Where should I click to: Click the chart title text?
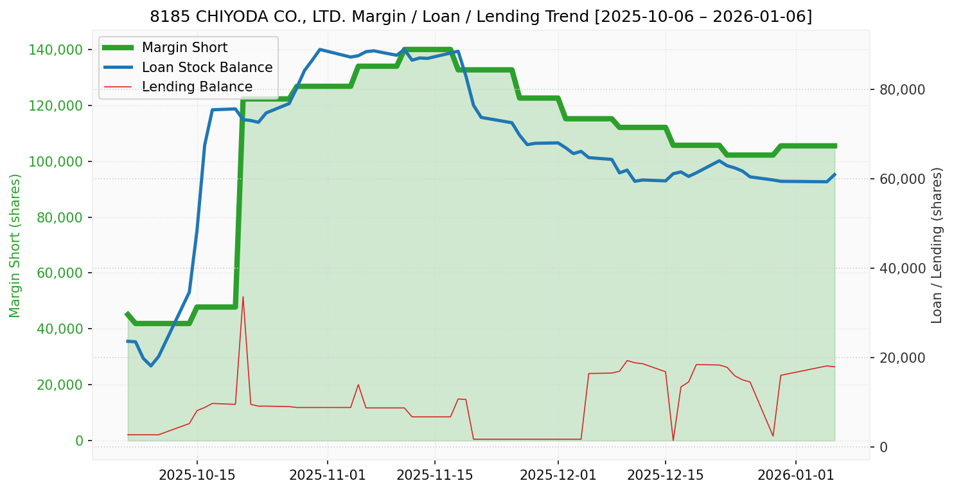[x=481, y=17]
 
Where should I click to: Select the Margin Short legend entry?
[x=184, y=48]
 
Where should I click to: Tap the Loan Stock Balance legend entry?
[x=207, y=68]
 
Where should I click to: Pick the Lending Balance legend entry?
[x=197, y=87]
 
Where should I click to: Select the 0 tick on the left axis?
[x=79, y=441]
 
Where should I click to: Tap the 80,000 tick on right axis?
[x=900, y=89]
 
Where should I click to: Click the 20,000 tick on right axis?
[x=900, y=358]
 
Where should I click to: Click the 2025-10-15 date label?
[x=197, y=475]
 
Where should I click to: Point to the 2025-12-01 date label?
[x=558, y=475]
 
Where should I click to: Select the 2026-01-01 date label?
[x=795, y=475]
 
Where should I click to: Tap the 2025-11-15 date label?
[x=434, y=475]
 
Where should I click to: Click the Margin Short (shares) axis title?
[x=15, y=246]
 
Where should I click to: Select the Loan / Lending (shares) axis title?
[x=937, y=246]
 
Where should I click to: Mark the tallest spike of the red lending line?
[x=243, y=296]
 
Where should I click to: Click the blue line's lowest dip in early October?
[x=151, y=365]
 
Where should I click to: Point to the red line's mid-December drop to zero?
[x=673, y=441]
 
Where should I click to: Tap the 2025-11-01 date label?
[x=327, y=475]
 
